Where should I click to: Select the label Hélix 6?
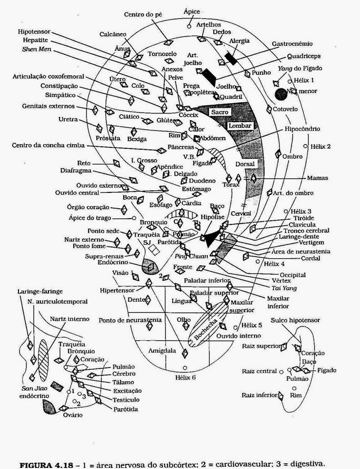point(187,377)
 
